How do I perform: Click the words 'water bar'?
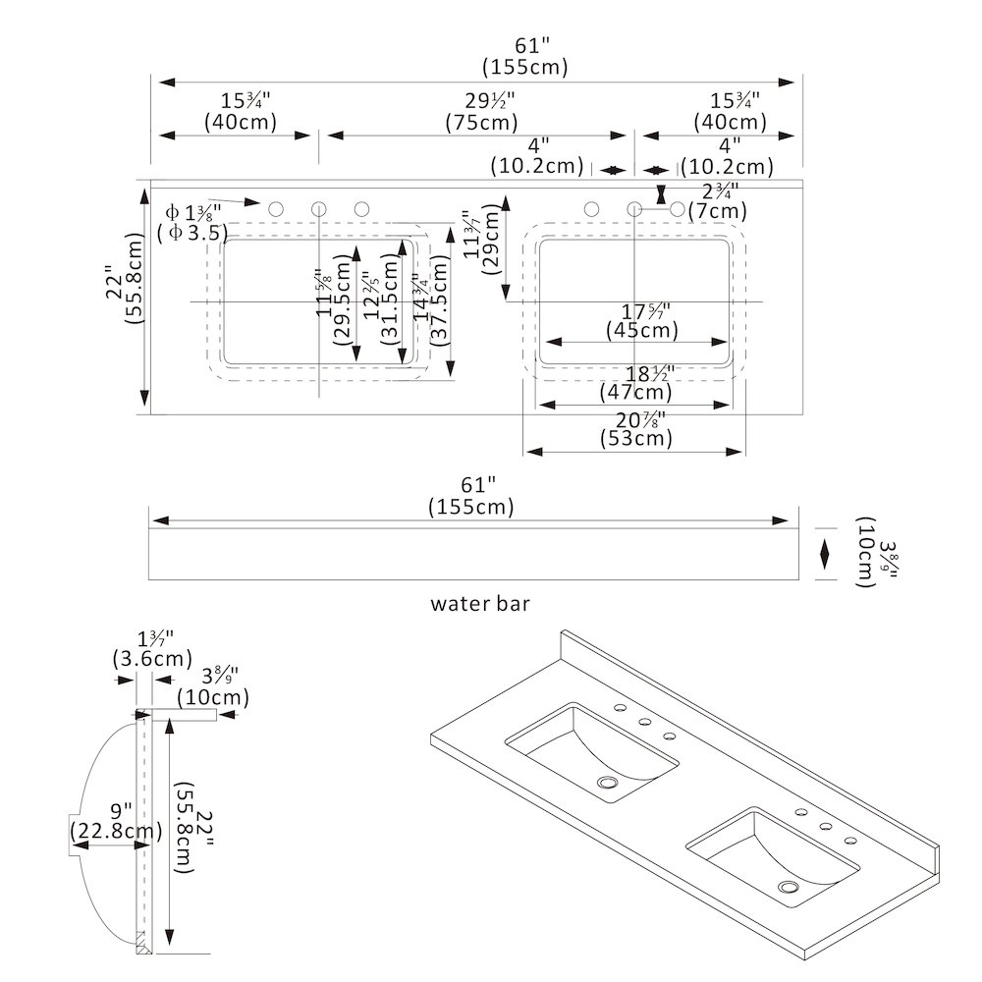pyautogui.click(x=480, y=603)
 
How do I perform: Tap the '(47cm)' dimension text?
pyautogui.click(x=636, y=393)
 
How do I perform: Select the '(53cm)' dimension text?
pyautogui.click(x=636, y=439)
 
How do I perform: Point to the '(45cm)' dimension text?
pyautogui.click(x=642, y=330)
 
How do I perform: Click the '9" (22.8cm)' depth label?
pyautogui.click(x=116, y=822)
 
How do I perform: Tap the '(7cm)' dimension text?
pyautogui.click(x=717, y=210)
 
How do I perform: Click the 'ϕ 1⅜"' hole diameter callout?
pyautogui.click(x=193, y=211)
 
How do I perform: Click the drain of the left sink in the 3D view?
pyautogui.click(x=611, y=784)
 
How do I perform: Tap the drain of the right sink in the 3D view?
pyautogui.click(x=789, y=888)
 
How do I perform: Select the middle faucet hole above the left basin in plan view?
pyautogui.click(x=319, y=209)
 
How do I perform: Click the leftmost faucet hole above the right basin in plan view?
pyautogui.click(x=591, y=209)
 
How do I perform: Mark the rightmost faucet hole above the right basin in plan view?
pyautogui.click(x=677, y=209)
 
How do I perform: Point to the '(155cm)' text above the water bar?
pyautogui.click(x=471, y=507)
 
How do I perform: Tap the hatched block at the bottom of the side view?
pyautogui.click(x=142, y=943)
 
